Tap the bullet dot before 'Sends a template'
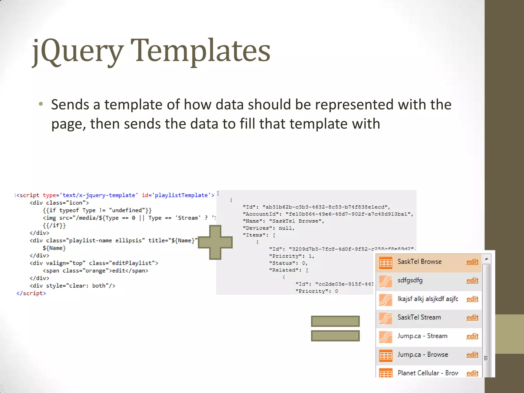41,104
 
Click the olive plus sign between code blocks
215,242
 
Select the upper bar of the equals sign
335,321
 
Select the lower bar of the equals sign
335,336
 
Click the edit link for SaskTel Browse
472,262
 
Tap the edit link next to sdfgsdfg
472,280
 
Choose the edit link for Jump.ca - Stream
472,336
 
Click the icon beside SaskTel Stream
385,318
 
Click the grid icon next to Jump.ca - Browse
385,355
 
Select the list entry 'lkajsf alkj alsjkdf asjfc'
428,299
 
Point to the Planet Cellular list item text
428,373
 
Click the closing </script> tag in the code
31,293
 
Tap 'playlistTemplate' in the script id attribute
181,195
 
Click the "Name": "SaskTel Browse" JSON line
283,221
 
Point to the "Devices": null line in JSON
269,228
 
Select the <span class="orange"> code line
95,271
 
